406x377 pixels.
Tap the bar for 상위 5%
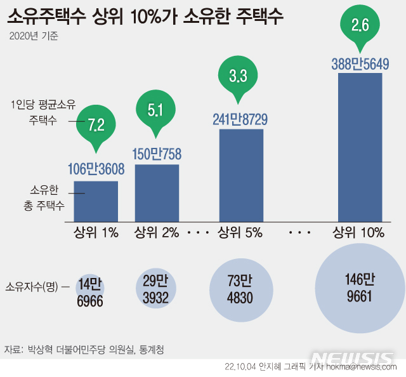(241, 175)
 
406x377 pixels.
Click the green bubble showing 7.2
(96, 122)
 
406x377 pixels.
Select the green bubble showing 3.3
(237, 76)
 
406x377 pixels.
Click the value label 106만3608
(96, 169)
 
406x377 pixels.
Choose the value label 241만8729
(241, 119)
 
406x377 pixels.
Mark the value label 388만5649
(360, 63)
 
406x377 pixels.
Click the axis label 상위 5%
(240, 232)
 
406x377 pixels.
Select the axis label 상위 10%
(358, 232)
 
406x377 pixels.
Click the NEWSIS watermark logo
(352, 359)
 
